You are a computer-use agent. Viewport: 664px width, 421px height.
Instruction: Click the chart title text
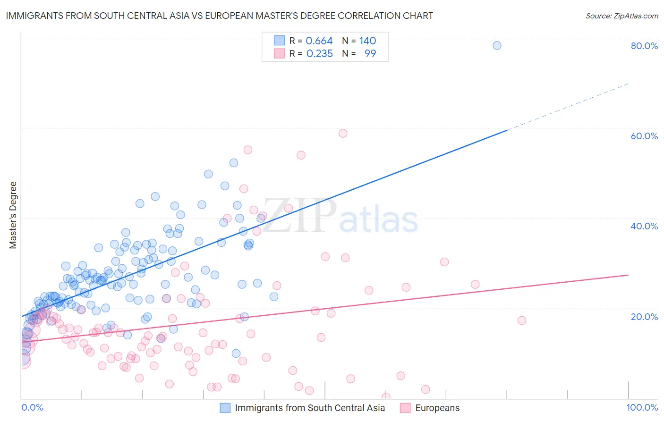pyautogui.click(x=219, y=16)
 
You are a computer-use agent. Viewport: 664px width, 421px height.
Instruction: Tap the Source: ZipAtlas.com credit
pyautogui.click(x=621, y=16)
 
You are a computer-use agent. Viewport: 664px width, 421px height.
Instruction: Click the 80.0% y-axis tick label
pyautogui.click(x=644, y=46)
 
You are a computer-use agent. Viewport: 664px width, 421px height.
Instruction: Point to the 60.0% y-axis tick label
pyautogui.click(x=644, y=136)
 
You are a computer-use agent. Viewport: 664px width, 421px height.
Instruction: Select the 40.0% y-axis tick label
pyautogui.click(x=644, y=226)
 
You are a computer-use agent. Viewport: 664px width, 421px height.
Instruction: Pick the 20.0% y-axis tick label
pyautogui.click(x=644, y=316)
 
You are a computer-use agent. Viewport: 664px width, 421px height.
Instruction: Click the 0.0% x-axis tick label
pyautogui.click(x=32, y=407)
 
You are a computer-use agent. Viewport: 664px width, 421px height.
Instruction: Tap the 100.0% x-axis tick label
pyautogui.click(x=642, y=407)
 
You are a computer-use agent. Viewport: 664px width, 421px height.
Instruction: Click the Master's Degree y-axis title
pyautogui.click(x=13, y=215)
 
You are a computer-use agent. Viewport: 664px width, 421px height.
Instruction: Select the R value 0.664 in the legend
pyautogui.click(x=319, y=41)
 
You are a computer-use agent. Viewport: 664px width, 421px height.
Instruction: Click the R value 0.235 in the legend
pyautogui.click(x=319, y=54)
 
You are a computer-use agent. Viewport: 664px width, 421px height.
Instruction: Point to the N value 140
pyautogui.click(x=367, y=41)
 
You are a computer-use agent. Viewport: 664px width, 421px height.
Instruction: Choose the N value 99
pyautogui.click(x=370, y=54)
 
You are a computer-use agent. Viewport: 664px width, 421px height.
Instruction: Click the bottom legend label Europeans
pyautogui.click(x=437, y=408)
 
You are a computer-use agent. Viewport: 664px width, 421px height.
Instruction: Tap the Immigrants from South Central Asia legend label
pyautogui.click(x=310, y=408)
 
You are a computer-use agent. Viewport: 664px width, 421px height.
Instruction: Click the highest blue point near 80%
pyautogui.click(x=497, y=45)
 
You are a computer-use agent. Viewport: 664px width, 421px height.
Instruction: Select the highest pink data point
pyautogui.click(x=343, y=133)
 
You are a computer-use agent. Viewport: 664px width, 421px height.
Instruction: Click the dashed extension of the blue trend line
pyautogui.click(x=567, y=107)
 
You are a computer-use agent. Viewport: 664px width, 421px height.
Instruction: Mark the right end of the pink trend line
pyautogui.click(x=628, y=275)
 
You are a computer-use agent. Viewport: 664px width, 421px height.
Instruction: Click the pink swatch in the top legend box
pyautogui.click(x=279, y=54)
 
